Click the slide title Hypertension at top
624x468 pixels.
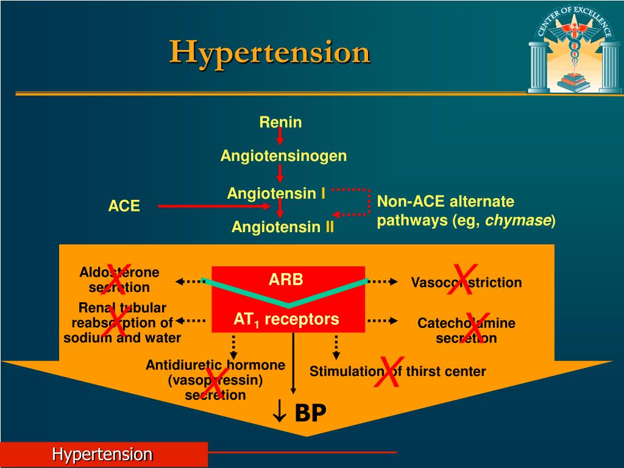pyautogui.click(x=269, y=52)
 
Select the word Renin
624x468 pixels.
pyautogui.click(x=280, y=122)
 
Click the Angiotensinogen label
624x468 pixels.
pyautogui.click(x=283, y=156)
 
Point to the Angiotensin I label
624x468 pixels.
pyautogui.click(x=275, y=193)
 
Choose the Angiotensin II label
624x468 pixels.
pyautogui.click(x=283, y=227)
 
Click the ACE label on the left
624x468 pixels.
pyautogui.click(x=124, y=206)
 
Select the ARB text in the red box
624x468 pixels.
pyautogui.click(x=286, y=280)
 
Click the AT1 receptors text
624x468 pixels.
pyautogui.click(x=286, y=319)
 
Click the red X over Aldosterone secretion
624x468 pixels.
pyautogui.click(x=118, y=277)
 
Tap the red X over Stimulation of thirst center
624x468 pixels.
pyautogui.click(x=388, y=372)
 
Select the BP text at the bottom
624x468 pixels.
pyautogui.click(x=310, y=413)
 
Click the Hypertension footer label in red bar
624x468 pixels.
pyautogui.click(x=102, y=454)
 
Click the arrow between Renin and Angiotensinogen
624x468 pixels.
pyautogui.click(x=280, y=138)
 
